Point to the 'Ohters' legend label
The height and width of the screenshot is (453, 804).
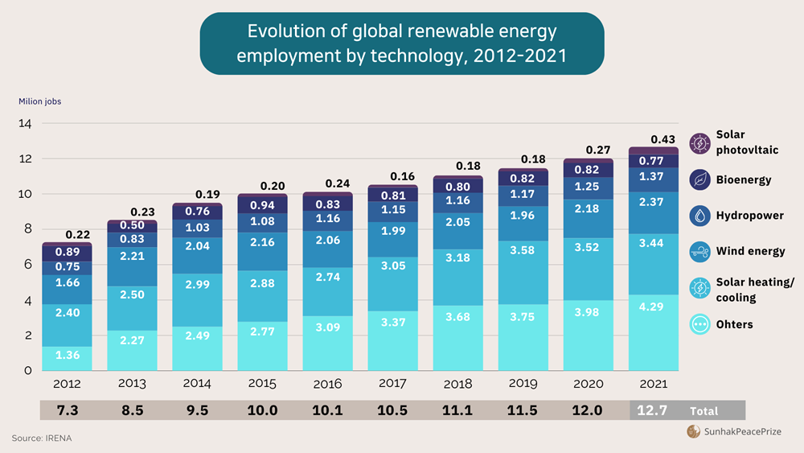[734, 324]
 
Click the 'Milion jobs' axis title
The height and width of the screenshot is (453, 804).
[40, 101]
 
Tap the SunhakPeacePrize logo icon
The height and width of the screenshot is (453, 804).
[693, 432]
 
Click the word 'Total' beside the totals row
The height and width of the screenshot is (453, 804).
[703, 410]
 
